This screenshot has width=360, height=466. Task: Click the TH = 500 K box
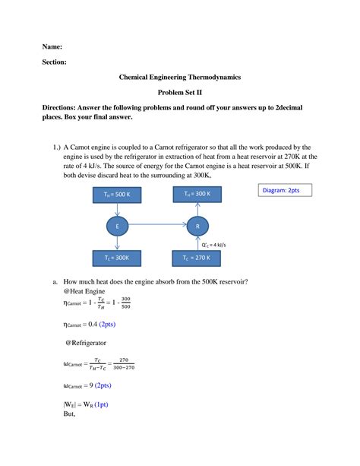coord(117,195)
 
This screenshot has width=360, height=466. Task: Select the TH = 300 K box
coord(197,195)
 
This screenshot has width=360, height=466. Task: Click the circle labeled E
coord(117,227)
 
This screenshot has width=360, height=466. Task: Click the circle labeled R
coord(197,227)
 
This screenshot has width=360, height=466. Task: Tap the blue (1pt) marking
coord(99,405)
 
